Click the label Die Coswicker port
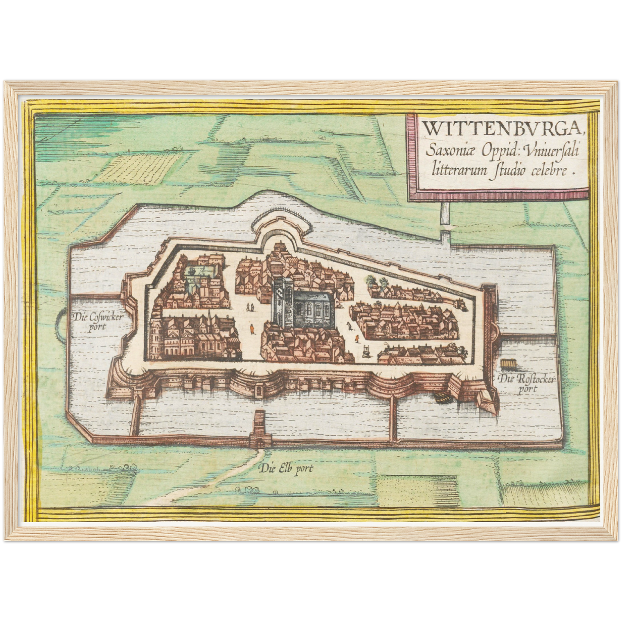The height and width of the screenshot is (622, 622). [98, 321]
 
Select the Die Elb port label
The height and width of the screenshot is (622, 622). [286, 469]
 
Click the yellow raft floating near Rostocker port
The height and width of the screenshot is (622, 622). [509, 364]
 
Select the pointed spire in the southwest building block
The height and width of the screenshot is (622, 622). [210, 316]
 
